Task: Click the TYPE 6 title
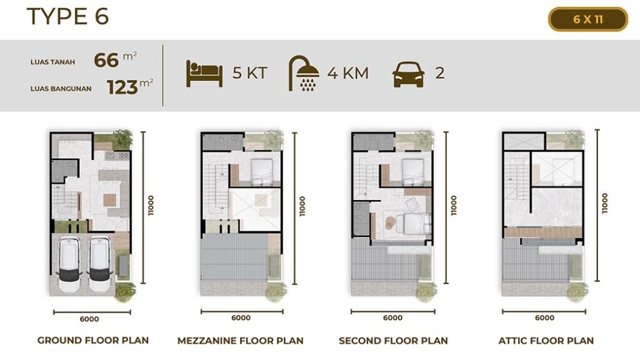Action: click(67, 17)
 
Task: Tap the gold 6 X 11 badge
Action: click(587, 19)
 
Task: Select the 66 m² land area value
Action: click(115, 59)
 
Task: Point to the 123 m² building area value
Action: click(130, 86)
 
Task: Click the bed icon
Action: click(204, 74)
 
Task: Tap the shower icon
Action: click(304, 73)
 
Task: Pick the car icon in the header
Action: click(408, 74)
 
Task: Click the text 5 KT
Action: click(250, 73)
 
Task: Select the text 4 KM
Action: click(347, 74)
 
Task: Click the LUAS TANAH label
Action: click(52, 62)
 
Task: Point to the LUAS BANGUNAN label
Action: click(61, 89)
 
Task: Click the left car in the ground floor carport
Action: click(69, 264)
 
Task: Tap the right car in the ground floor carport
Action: click(99, 264)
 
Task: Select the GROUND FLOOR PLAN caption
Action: click(93, 341)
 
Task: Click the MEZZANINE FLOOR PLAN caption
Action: click(241, 341)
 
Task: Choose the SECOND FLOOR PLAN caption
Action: click(393, 341)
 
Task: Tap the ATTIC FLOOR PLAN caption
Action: click(546, 341)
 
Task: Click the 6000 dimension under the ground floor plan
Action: click(89, 319)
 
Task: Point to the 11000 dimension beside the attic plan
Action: click(605, 203)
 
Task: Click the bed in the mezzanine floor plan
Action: click(262, 172)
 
